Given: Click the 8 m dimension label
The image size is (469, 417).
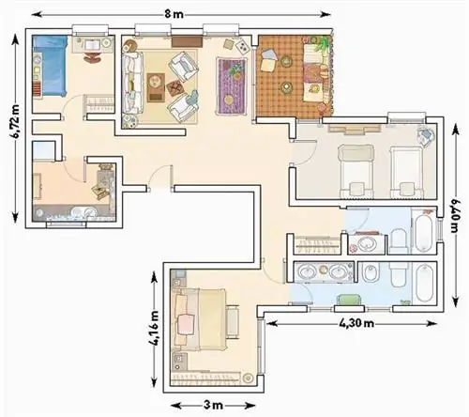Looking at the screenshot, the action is (174, 14).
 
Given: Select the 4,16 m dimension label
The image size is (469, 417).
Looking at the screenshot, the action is (154, 328).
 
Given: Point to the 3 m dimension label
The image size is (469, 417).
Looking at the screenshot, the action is (213, 405).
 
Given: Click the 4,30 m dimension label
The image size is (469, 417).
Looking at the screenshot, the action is (356, 323).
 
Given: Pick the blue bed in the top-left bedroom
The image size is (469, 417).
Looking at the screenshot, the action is (50, 66).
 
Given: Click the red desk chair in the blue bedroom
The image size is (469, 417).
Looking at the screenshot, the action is (93, 57).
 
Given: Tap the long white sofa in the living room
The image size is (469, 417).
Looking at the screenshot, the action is (132, 83).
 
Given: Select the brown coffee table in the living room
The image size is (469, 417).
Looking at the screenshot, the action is (156, 87).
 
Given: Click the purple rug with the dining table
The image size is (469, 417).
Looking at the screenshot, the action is (232, 86).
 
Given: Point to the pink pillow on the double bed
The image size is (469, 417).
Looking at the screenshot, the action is (186, 324).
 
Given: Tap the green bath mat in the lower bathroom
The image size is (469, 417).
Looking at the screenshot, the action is (350, 300).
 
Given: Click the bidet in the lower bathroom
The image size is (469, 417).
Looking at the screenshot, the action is (371, 274).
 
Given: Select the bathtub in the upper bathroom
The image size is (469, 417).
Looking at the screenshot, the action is (423, 231).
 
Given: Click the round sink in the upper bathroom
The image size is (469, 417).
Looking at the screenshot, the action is (367, 243).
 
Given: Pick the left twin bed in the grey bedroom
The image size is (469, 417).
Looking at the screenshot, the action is (356, 171).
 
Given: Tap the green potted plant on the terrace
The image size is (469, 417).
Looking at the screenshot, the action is (322, 45).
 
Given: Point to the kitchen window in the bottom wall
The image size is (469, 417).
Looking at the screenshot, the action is (66, 224).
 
